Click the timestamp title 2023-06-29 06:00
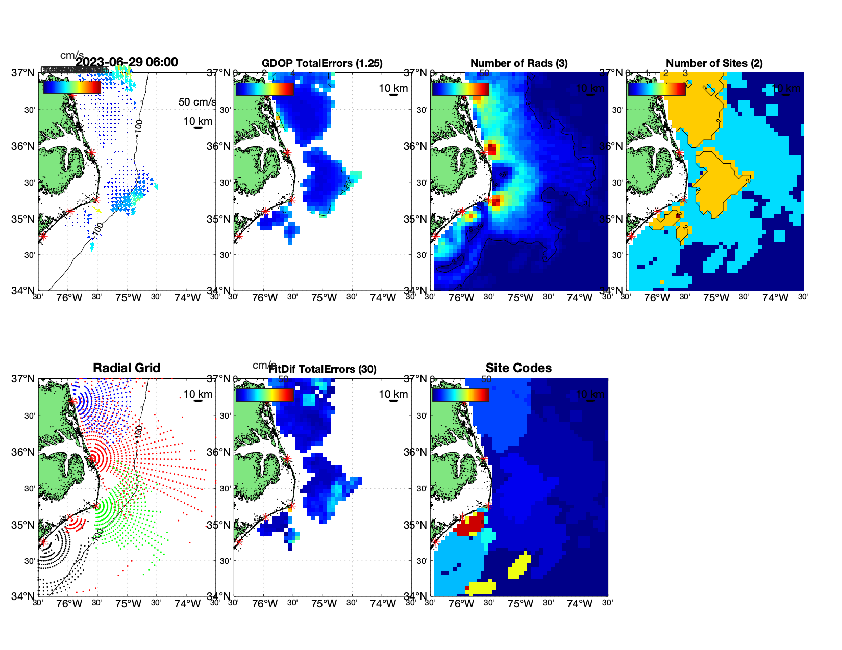(127, 62)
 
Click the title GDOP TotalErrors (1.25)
(322, 63)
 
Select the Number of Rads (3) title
(519, 63)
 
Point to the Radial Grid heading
(127, 368)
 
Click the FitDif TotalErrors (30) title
(323, 369)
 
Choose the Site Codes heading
(518, 368)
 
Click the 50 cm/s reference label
(197, 102)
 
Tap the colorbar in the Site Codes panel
(460, 395)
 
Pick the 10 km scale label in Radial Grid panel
(198, 394)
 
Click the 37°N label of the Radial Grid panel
(23, 379)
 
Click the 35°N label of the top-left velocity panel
(23, 220)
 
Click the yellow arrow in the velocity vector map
(98, 210)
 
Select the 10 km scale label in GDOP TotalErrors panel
(393, 88)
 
